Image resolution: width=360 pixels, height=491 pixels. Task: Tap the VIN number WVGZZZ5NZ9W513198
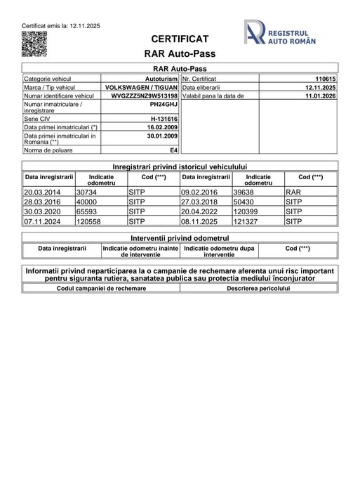pyautogui.click(x=145, y=96)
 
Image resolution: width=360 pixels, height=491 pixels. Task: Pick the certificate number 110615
pyautogui.click(x=326, y=79)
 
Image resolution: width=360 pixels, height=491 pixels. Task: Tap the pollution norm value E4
pyautogui.click(x=174, y=150)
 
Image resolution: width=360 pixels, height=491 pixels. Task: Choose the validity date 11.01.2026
pyautogui.click(x=321, y=96)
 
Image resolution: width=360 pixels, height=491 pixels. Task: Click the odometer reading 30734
pyautogui.click(x=86, y=191)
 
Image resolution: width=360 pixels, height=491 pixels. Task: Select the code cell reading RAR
pyautogui.click(x=293, y=191)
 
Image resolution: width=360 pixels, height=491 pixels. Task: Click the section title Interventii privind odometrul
pyautogui.click(x=180, y=238)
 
